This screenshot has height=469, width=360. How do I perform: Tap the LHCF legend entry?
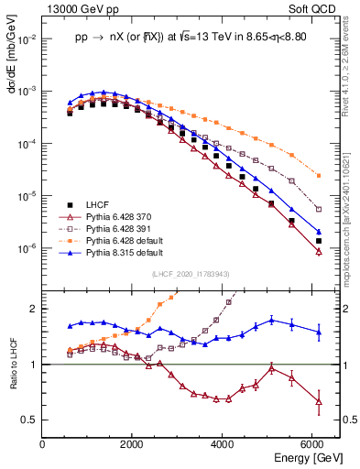click(99, 204)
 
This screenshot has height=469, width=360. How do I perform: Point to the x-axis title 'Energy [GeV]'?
click(310, 457)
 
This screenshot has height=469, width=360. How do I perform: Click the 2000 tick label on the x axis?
click(133, 445)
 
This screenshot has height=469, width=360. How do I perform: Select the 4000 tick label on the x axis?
click(223, 445)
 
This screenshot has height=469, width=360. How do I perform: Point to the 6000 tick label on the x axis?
click(312, 445)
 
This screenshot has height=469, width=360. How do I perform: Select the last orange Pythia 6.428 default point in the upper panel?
click(318, 175)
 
